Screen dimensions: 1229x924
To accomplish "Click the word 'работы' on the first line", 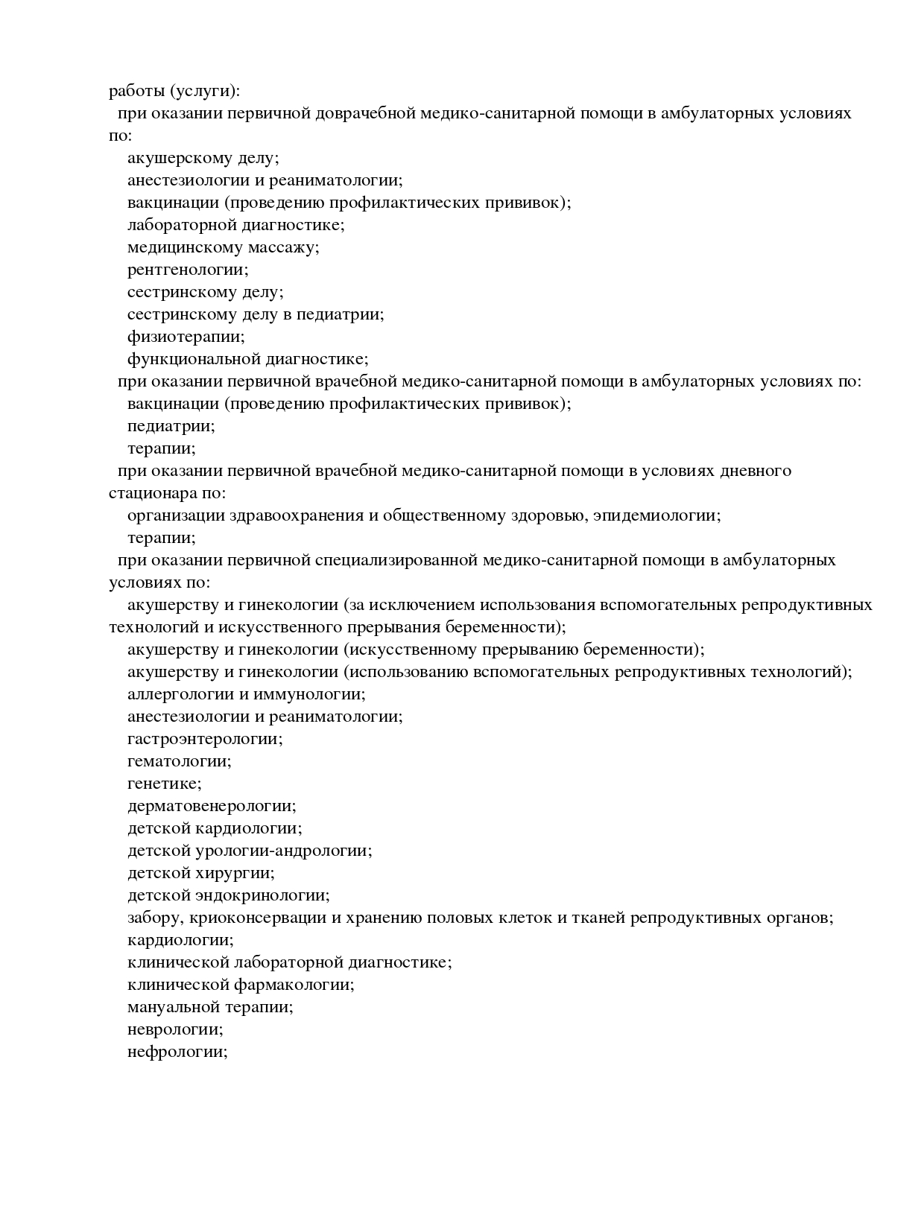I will (136, 92).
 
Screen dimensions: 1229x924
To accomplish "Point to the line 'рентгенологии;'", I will (188, 270).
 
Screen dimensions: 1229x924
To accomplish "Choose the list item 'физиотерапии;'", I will (186, 337).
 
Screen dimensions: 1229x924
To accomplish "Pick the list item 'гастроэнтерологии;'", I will (205, 739).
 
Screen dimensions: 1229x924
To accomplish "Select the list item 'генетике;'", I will (164, 784).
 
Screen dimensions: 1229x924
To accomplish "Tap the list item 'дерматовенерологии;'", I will (212, 806).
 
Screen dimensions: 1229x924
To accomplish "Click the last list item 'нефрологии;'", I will (177, 1052).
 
